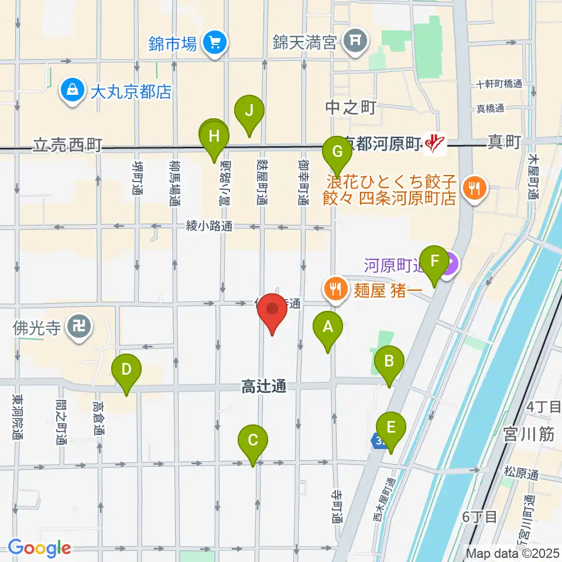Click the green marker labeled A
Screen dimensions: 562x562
click(327, 328)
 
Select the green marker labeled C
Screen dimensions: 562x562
click(253, 441)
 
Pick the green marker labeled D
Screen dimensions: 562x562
click(126, 371)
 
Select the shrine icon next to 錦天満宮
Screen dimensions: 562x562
click(355, 41)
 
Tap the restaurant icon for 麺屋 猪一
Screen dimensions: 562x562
click(335, 289)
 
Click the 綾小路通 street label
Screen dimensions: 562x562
click(210, 226)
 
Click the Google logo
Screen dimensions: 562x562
click(40, 548)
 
